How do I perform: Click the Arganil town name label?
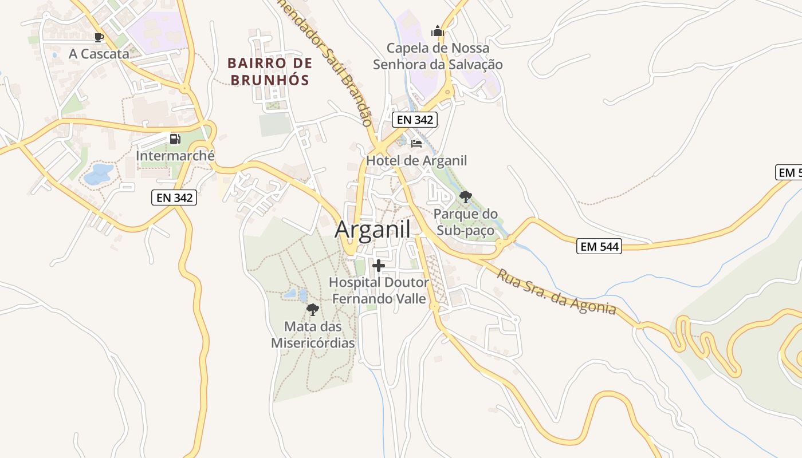coord(372,230)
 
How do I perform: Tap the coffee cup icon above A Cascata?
coord(99,38)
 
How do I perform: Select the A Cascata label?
coord(99,54)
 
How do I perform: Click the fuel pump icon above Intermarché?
coord(175,139)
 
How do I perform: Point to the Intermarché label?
coord(175,155)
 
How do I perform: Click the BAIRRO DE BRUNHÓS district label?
coord(270,71)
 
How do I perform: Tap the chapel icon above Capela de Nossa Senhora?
coord(438,31)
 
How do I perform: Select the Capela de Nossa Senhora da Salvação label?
coord(438,56)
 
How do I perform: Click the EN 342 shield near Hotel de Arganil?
coord(415,120)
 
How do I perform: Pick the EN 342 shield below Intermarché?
coord(174,198)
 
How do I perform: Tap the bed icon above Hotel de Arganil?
coord(416,143)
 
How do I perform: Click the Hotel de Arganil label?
coord(416,160)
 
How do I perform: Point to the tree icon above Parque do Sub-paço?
coord(466,198)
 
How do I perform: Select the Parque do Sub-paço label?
coord(466,222)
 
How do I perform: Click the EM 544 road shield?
coord(599,247)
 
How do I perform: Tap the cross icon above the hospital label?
coord(378,266)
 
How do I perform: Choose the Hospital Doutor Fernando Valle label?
coord(379,290)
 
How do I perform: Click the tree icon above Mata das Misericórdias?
coord(313,310)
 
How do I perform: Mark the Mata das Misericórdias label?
coord(313,335)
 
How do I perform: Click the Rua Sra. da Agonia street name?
coord(556,292)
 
